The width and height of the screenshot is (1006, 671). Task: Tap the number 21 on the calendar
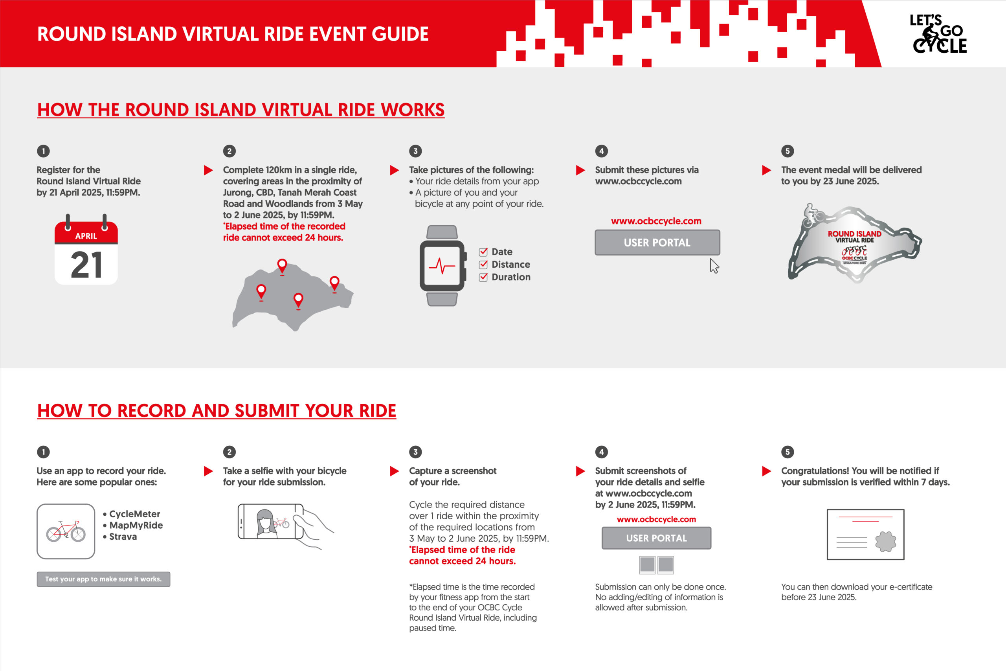(x=86, y=265)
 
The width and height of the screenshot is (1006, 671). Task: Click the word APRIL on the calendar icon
(x=86, y=236)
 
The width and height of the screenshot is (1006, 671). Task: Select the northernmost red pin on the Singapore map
(x=282, y=266)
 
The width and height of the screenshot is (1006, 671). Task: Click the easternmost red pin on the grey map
(x=334, y=283)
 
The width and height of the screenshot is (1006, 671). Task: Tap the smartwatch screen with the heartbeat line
(x=442, y=266)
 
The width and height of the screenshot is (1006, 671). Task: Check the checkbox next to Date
(x=483, y=252)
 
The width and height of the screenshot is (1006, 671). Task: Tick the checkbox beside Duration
(x=483, y=277)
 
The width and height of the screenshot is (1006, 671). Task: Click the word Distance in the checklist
(x=511, y=265)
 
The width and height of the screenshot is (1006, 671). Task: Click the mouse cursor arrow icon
(x=714, y=265)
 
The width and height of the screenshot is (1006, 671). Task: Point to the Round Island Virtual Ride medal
(x=854, y=243)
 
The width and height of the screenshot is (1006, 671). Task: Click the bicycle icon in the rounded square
(x=66, y=531)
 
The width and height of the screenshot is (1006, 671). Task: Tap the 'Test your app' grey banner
(x=103, y=579)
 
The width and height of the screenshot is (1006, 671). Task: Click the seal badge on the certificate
(x=885, y=542)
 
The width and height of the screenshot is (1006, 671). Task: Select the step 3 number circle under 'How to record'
(x=415, y=452)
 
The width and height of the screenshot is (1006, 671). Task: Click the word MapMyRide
(x=136, y=525)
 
